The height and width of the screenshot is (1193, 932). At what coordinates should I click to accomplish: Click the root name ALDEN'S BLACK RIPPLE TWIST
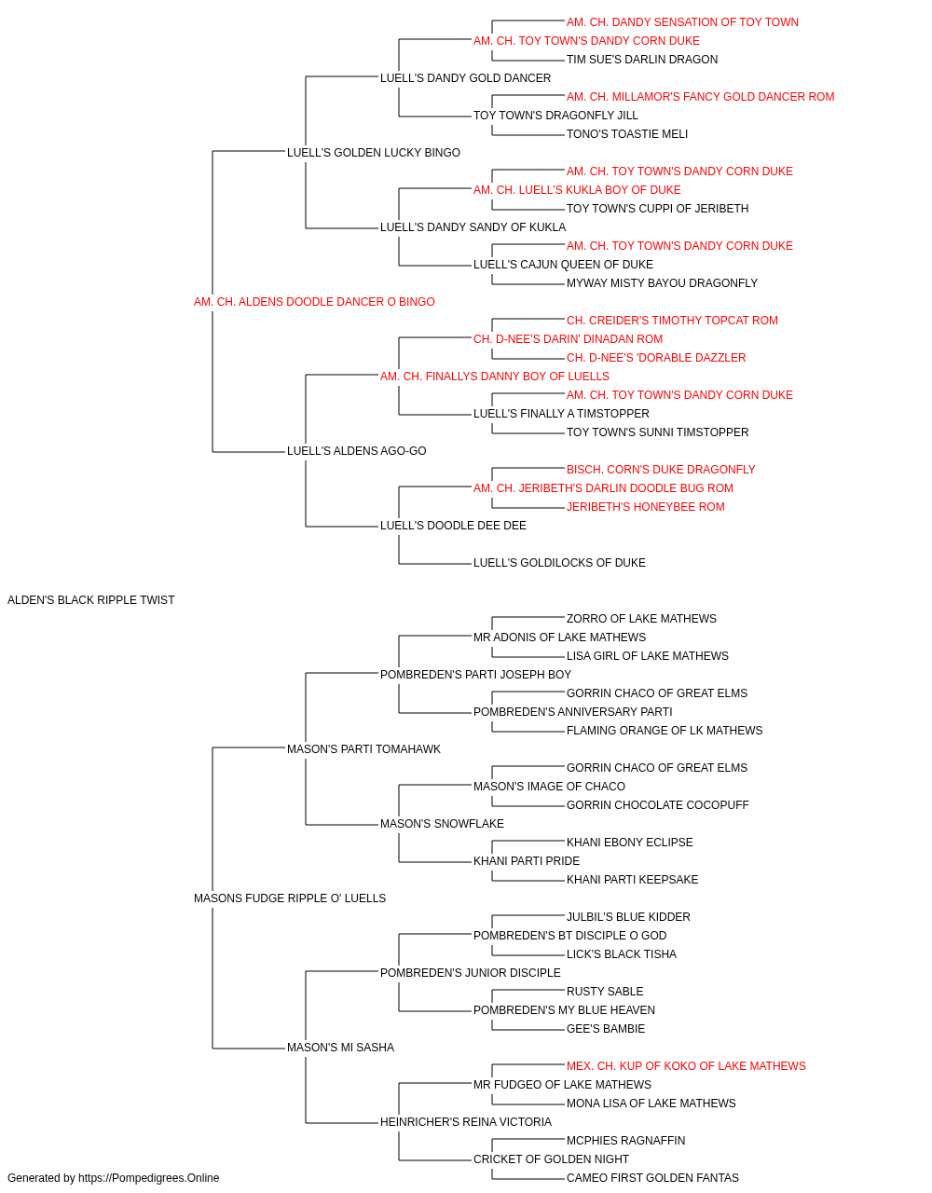tap(90, 600)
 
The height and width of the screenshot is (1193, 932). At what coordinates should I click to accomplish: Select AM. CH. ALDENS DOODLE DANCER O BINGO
tap(314, 302)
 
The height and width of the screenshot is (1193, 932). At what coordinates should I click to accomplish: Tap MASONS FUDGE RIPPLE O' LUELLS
tap(290, 898)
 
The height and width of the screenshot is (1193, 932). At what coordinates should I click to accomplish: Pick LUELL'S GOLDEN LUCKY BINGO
tap(373, 153)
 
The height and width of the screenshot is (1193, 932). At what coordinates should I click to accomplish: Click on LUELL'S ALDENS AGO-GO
tap(356, 451)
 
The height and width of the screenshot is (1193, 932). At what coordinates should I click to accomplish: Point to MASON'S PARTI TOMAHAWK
tap(363, 748)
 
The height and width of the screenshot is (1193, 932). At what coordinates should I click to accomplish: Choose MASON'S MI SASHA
tap(340, 1047)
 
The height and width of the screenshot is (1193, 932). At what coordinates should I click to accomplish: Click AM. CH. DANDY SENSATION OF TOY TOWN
tap(682, 22)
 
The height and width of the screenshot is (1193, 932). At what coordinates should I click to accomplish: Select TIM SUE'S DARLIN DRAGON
tap(641, 60)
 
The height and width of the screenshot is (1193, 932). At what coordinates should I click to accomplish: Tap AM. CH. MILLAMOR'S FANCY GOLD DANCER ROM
tap(700, 97)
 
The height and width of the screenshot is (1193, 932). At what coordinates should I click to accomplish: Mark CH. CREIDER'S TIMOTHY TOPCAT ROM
tap(672, 320)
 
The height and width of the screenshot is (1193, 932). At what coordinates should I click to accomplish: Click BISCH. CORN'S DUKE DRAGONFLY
tap(660, 470)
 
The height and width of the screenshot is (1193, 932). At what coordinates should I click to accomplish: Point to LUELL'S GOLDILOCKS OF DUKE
tap(559, 563)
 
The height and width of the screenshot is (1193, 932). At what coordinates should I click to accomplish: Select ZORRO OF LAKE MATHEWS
tap(641, 619)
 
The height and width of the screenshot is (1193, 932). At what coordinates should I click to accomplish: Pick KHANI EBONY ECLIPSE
tap(630, 843)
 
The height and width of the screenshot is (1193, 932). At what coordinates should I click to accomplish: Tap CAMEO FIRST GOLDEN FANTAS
tap(652, 1178)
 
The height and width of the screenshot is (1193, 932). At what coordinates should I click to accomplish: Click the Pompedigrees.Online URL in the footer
tap(148, 1178)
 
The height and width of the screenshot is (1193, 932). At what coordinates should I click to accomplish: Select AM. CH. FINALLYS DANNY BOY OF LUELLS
tap(495, 376)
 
